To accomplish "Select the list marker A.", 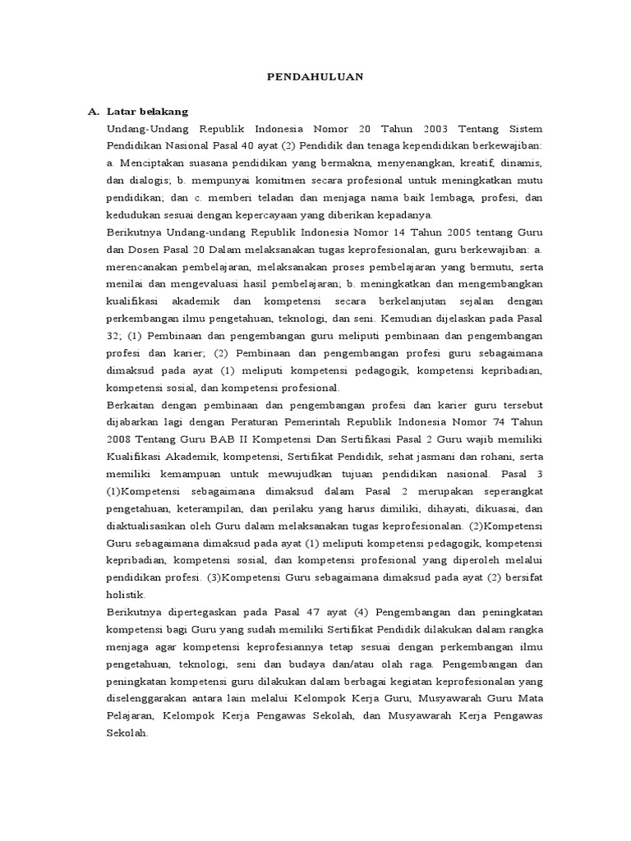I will click(93, 112).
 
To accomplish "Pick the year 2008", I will click(120, 439).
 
